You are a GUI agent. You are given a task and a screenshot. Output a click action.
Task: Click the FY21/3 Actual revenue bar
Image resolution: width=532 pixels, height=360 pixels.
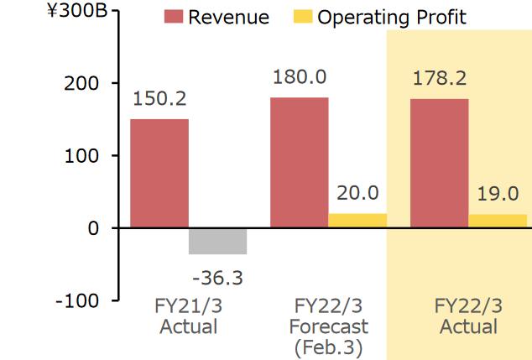pos(159,173)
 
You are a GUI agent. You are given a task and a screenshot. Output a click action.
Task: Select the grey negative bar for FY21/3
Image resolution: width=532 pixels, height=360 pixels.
pos(217,241)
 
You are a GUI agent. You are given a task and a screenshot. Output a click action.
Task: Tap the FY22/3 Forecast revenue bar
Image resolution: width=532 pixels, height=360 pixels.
pos(299,162)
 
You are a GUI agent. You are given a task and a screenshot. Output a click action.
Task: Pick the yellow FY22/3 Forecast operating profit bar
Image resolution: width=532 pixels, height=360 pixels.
pos(357,221)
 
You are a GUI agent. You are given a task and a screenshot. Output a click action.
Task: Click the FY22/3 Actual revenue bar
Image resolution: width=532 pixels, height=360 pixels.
pos(439,163)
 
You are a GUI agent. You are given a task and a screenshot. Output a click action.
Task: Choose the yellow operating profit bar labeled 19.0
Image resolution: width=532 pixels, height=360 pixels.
pos(498,221)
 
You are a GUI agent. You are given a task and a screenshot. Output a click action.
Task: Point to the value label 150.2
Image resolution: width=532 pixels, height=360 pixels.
pos(160,98)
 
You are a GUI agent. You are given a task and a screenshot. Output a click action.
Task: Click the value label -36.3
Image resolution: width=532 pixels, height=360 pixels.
pos(217,276)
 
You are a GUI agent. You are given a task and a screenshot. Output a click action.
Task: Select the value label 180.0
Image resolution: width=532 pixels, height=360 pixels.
pos(300,76)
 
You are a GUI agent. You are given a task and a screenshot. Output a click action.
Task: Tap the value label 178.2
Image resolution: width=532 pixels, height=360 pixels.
pos(440,78)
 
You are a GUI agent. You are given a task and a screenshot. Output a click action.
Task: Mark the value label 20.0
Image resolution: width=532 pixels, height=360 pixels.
pos(357,194)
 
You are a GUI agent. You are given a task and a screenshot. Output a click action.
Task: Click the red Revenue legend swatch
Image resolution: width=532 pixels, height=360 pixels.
pos(174,18)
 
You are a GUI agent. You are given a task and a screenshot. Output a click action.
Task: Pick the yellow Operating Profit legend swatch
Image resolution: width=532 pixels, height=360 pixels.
pos(304,18)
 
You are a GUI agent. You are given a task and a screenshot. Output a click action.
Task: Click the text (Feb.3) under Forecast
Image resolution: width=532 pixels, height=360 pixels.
pos(328,347)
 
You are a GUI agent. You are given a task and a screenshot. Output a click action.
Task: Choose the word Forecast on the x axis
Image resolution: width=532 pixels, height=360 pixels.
pos(328,326)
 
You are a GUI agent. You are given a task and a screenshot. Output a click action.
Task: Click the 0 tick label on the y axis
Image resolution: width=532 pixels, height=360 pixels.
pos(93,228)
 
